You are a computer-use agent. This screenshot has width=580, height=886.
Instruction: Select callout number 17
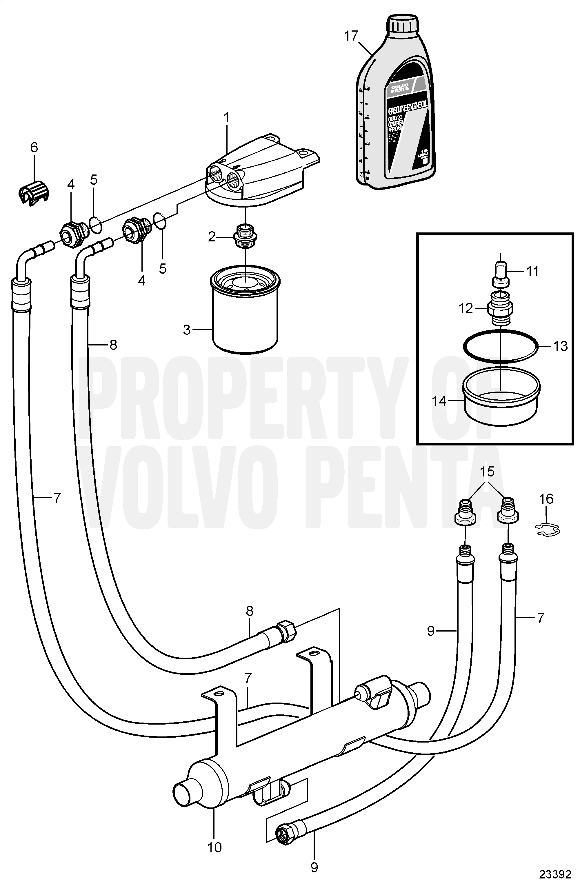coord(351,36)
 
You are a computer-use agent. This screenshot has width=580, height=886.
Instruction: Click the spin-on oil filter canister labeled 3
coord(245,314)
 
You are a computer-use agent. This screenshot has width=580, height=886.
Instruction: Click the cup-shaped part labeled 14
coord(501,403)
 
